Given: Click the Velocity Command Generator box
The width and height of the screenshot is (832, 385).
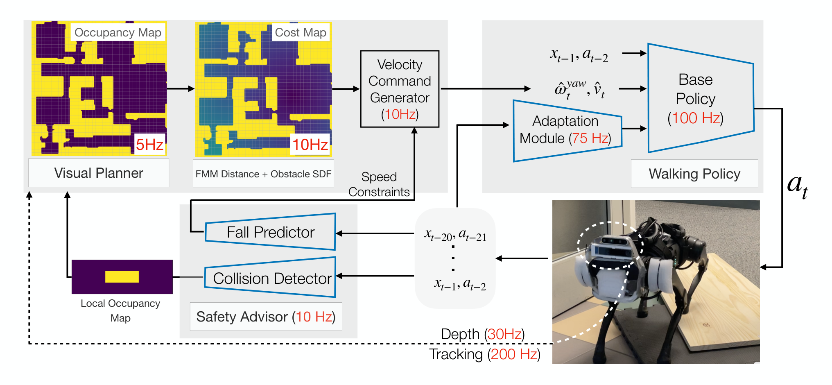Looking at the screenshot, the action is [400, 89].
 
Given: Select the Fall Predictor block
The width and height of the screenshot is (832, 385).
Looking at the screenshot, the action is [270, 232].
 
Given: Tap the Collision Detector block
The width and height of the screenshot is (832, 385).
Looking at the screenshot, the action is [270, 277].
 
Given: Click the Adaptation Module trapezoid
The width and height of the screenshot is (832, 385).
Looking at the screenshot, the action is [567, 131].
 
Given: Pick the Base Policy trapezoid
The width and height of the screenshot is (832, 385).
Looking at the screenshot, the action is [701, 98].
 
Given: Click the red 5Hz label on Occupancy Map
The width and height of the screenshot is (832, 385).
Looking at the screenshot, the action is [150, 144].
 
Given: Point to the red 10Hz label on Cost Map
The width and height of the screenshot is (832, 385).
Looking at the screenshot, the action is [310, 144].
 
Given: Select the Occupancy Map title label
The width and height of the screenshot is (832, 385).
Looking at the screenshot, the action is [118, 32].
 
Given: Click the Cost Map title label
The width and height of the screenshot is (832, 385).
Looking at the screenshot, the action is [301, 32].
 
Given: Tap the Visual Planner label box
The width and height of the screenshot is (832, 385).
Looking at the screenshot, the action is [99, 173].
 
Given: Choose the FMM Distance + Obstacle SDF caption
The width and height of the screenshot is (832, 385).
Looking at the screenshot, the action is [263, 174].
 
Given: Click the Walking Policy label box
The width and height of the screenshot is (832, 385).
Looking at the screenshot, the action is [694, 174].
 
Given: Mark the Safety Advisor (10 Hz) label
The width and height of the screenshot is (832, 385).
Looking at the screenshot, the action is [266, 317].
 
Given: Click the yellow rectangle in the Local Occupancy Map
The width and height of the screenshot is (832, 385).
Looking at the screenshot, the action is [122, 277].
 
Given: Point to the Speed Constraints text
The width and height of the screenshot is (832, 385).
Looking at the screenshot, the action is [379, 184].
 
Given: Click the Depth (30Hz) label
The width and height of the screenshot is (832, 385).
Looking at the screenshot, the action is [483, 334].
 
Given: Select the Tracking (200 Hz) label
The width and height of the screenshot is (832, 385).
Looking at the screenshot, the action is [485, 354].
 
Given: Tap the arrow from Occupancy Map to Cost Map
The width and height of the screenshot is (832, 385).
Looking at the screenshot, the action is [181, 88].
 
